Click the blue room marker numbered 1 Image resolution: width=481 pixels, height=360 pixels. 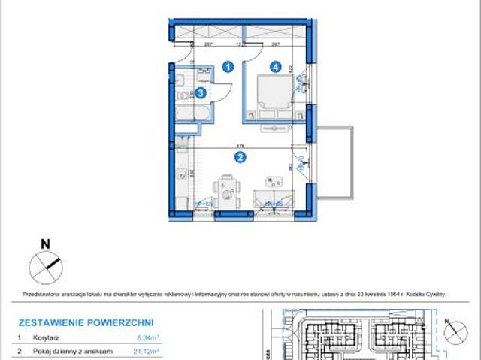229,67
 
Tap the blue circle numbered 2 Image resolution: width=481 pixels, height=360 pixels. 240,157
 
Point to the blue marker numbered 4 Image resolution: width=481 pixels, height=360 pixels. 277,67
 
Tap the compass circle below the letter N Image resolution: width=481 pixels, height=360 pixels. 43,265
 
